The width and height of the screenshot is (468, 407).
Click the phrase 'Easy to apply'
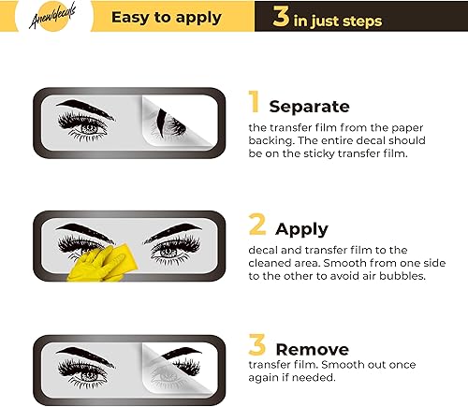pyautogui.click(x=167, y=17)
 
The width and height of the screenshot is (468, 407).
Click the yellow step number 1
pyautogui.click(x=254, y=104)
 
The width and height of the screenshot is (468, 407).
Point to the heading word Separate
pyautogui.click(x=309, y=107)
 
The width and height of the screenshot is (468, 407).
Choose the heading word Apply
pyautogui.click(x=301, y=229)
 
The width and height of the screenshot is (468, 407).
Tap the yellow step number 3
pyautogui.click(x=254, y=344)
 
